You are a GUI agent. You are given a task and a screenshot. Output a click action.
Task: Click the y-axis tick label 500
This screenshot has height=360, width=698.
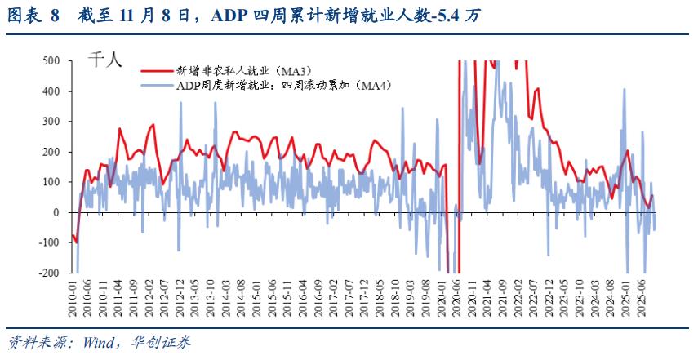pyautogui.click(x=51, y=61)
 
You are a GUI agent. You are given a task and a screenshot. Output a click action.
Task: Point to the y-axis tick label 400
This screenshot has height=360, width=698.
pyautogui.click(x=51, y=91)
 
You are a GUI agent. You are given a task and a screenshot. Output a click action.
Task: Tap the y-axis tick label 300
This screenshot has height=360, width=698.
pyautogui.click(x=51, y=122)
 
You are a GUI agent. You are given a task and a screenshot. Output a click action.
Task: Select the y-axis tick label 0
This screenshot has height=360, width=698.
pyautogui.click(x=56, y=212)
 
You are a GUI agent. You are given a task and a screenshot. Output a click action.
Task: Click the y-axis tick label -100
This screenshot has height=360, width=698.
pyautogui.click(x=49, y=242)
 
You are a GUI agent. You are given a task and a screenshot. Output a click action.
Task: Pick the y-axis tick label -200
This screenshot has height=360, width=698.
pyautogui.click(x=49, y=273)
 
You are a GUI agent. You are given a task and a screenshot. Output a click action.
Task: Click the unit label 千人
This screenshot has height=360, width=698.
pyautogui.click(x=104, y=61)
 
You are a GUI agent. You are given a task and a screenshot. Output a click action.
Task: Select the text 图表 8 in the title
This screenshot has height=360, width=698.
pyautogui.click(x=33, y=16)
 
